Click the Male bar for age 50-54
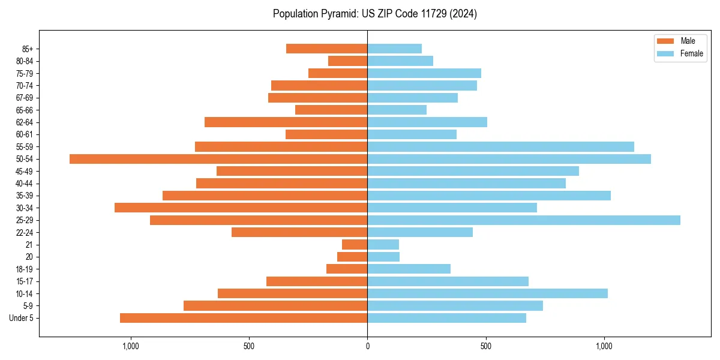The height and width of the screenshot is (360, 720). pos(218,159)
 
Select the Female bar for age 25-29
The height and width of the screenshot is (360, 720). pos(524,220)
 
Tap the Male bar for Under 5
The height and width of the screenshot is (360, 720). pos(244,318)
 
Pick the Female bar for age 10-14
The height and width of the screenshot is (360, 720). pos(487,293)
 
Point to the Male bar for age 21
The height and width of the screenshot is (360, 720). pos(355,245)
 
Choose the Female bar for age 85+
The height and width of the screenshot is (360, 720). pos(394,49)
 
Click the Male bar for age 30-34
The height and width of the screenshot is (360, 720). pos(241,208)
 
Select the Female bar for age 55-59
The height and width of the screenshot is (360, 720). pos(500,146)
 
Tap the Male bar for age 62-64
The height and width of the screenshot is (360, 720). pos(286,122)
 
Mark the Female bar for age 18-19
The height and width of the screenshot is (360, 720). pos(409,269)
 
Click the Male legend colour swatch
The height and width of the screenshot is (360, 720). pos(665,41)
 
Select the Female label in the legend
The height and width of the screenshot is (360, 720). pos(691,53)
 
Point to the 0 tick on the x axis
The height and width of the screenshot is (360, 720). pos(367,346)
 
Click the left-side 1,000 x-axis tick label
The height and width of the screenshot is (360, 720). pos(130,346)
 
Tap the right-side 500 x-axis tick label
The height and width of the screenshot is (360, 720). pos(486,346)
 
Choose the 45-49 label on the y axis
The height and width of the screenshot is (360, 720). pos(25,171)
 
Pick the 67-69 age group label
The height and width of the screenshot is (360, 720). pos(25,98)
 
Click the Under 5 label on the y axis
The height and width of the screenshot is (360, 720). pos(22,318)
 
